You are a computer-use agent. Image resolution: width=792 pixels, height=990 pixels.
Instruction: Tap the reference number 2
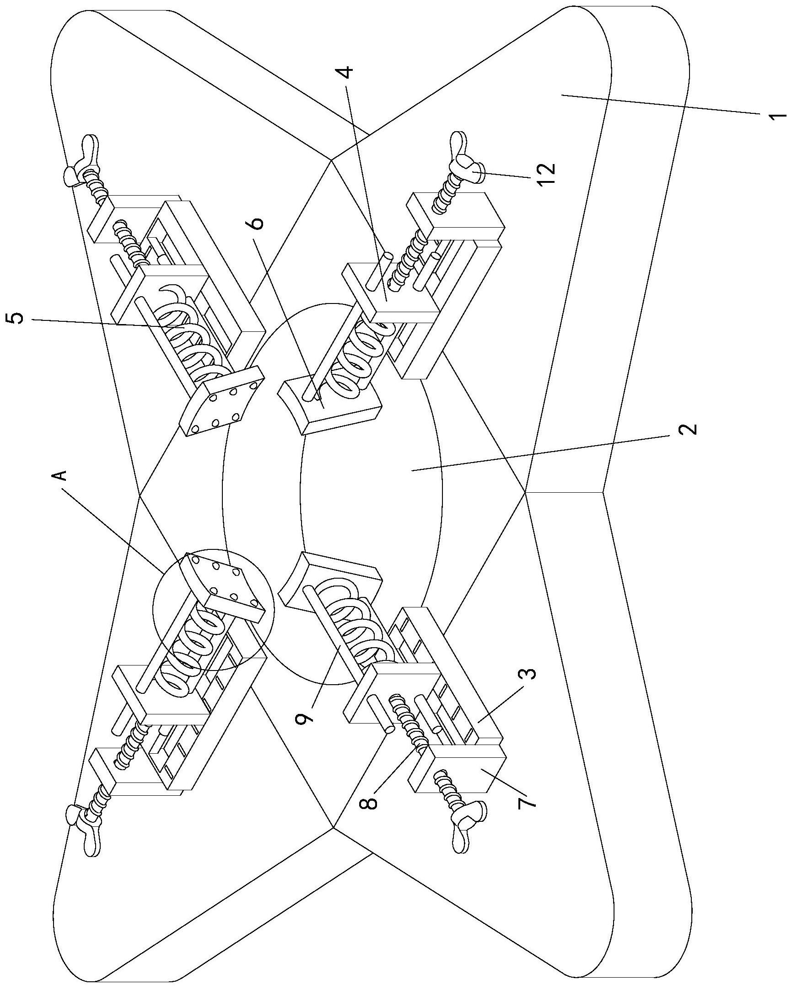click(x=688, y=429)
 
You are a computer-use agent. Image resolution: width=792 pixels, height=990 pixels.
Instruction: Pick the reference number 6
click(x=257, y=223)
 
